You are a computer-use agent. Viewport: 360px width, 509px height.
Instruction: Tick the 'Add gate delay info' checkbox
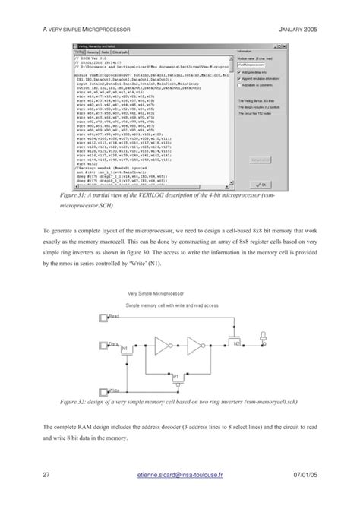tap(238, 71)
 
